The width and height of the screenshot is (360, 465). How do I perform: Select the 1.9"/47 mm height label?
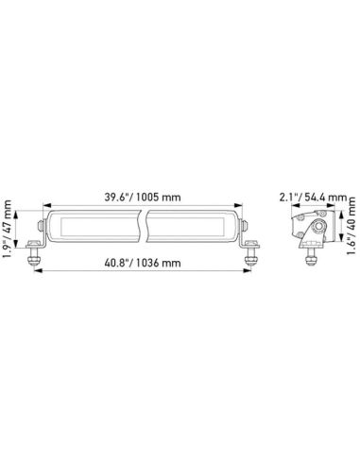[9, 227]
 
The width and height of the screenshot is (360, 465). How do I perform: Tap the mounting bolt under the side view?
[310, 257]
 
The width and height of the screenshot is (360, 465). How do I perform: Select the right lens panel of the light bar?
[193, 228]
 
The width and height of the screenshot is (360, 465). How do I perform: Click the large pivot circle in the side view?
[319, 229]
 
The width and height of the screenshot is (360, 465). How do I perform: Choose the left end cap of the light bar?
[41, 228]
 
